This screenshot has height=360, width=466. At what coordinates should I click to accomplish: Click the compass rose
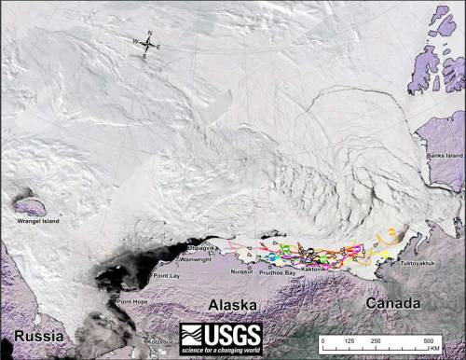point(148,43)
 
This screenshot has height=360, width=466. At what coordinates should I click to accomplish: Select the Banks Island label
point(442,155)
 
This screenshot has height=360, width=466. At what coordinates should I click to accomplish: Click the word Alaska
point(226,304)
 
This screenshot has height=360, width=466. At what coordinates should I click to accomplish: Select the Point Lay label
point(166,276)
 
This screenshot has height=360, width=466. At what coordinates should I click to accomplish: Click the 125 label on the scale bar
point(349,342)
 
